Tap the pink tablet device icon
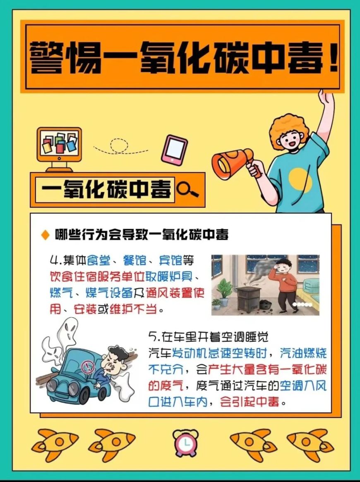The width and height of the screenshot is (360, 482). (175, 150)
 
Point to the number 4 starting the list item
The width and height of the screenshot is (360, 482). (54, 261)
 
